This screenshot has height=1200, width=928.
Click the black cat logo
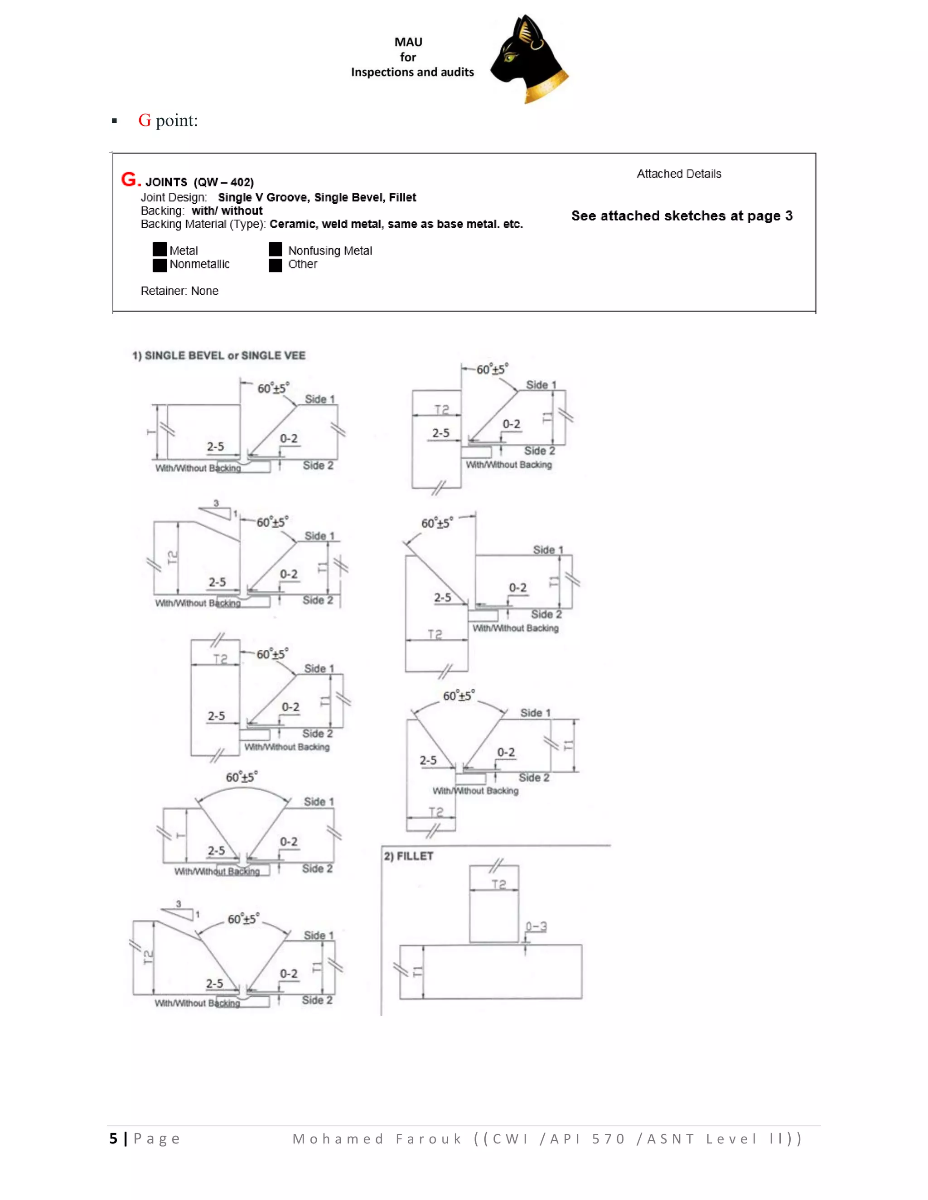click(529, 59)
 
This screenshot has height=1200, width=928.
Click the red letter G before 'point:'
click(145, 120)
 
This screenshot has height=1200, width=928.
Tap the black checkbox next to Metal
click(159, 250)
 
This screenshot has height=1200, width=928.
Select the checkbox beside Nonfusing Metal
click(275, 250)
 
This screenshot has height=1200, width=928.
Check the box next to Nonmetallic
click(159, 265)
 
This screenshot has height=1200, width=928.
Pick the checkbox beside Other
click(275, 265)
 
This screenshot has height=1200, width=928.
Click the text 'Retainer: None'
click(179, 291)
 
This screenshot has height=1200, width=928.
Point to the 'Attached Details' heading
click(678, 173)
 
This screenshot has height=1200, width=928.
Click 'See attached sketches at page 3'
click(681, 216)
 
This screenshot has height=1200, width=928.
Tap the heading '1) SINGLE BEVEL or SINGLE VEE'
click(219, 355)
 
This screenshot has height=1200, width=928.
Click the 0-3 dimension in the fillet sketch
click(536, 926)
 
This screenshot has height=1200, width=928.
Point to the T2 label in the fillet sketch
click(498, 884)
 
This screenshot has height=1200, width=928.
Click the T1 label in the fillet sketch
click(418, 972)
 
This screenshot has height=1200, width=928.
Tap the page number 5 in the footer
click(113, 1138)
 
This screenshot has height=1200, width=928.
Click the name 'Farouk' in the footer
click(429, 1138)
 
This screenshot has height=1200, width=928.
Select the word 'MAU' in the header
click(408, 42)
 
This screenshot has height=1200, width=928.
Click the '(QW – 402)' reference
click(224, 182)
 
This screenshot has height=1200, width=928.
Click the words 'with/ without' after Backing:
click(227, 211)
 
